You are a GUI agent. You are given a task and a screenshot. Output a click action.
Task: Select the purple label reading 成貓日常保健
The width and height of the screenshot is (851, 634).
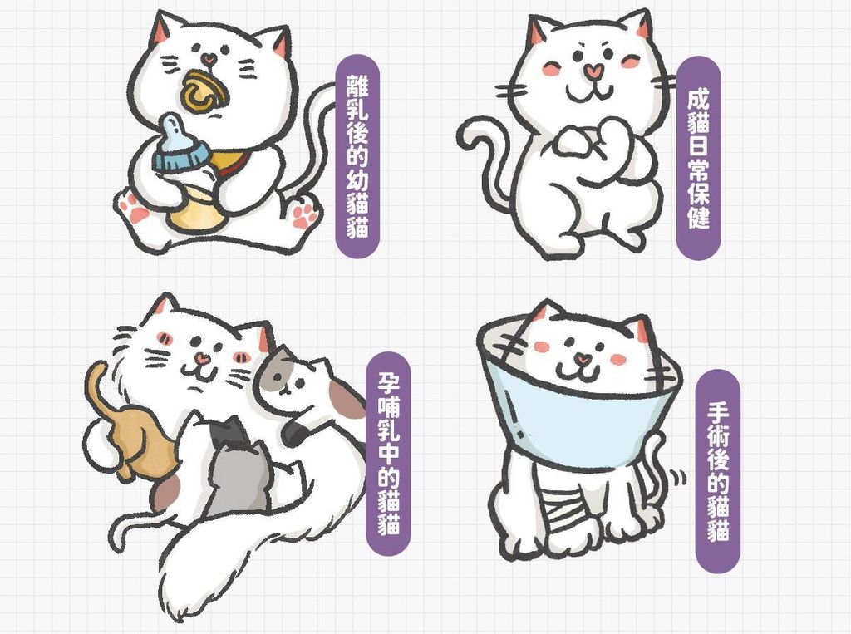point(698,158)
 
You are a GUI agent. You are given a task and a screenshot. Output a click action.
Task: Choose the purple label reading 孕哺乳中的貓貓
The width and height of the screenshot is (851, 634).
point(389,453)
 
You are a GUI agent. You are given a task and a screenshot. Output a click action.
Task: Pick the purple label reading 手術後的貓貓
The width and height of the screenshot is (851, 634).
point(718,471)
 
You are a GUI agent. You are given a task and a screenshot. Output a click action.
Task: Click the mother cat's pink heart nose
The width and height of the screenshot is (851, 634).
point(202,357)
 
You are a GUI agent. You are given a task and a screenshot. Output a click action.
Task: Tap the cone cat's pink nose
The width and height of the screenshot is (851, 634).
point(583,358)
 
